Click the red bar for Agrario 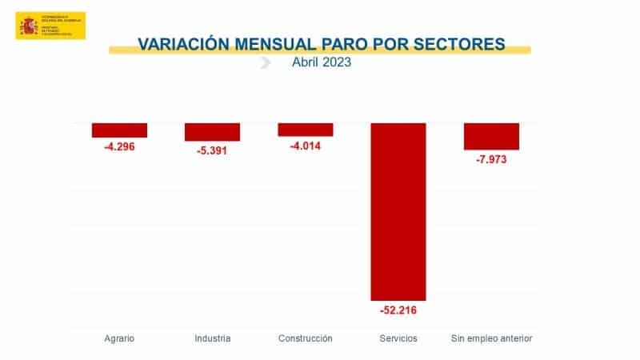119,130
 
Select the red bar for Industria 212,132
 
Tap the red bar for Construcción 305,130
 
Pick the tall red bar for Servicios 398,211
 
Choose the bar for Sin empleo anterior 491,136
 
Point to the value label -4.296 119,147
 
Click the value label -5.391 212,150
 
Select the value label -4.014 305,146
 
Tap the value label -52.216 398,310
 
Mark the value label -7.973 491,159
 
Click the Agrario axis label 119,338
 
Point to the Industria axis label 212,338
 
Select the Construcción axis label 305,338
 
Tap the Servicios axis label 398,338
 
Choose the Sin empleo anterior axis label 491,338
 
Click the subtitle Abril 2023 321,63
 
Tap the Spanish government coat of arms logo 29,26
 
